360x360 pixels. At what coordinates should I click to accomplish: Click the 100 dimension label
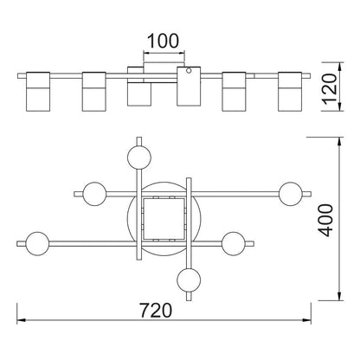(x=164, y=41)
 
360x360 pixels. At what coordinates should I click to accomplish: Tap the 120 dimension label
(x=329, y=89)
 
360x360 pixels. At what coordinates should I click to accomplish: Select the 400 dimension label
(x=325, y=220)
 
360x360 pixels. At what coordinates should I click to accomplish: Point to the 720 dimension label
(x=156, y=311)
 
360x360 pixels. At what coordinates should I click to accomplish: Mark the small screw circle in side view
(x=189, y=71)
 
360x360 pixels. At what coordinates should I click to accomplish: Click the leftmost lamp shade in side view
(x=38, y=92)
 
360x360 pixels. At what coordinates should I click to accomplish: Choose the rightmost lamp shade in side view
(x=290, y=92)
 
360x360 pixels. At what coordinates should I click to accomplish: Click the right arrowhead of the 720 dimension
(x=306, y=320)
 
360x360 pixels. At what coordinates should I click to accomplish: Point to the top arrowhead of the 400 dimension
(x=340, y=141)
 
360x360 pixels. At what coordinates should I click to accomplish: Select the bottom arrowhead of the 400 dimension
(x=340, y=296)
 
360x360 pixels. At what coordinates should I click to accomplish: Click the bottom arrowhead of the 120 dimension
(x=341, y=106)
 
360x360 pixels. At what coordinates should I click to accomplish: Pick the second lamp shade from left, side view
(x=94, y=92)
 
